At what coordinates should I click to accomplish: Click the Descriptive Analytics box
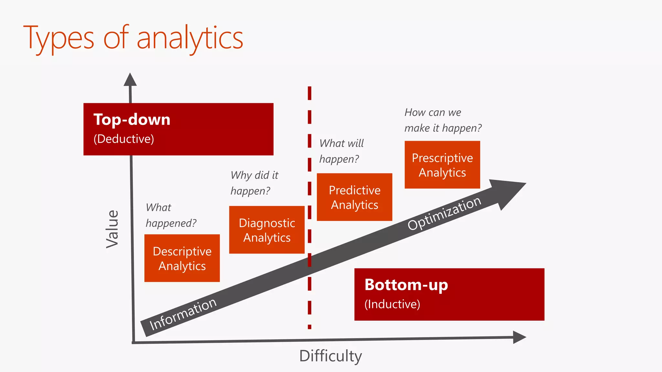(x=182, y=258)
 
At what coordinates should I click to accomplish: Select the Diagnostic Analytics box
(x=267, y=230)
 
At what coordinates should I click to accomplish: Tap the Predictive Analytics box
(x=354, y=197)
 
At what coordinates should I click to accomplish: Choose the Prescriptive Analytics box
(x=442, y=165)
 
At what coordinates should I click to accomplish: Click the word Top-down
(x=132, y=120)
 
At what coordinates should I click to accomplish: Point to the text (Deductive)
(x=123, y=139)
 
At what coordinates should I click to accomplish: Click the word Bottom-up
(x=406, y=285)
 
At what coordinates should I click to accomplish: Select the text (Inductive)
(x=392, y=304)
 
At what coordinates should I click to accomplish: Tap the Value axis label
(x=112, y=229)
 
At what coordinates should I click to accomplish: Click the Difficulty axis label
(x=330, y=356)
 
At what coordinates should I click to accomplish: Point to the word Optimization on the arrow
(x=444, y=213)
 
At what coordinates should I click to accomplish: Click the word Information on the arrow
(x=183, y=314)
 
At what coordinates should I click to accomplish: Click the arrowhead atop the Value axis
(x=130, y=80)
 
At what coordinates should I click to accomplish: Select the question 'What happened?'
(x=171, y=215)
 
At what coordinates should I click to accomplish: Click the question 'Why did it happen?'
(x=254, y=183)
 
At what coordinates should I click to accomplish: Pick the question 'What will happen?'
(x=341, y=151)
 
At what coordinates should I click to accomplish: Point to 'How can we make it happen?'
(x=443, y=120)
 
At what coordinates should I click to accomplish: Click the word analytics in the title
(x=190, y=38)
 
